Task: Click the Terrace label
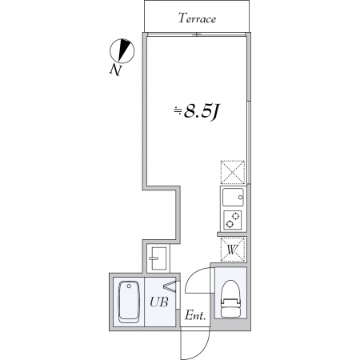(x=197, y=18)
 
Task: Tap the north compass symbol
(x=122, y=50)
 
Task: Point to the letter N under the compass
(x=116, y=70)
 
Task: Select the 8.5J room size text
(x=202, y=112)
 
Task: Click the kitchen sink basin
(x=233, y=198)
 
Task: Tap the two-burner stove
(x=233, y=220)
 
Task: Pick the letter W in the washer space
(x=233, y=250)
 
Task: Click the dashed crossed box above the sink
(x=233, y=172)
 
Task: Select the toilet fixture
(x=231, y=299)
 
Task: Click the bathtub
(x=130, y=302)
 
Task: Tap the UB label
(x=159, y=302)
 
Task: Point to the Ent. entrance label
(x=195, y=316)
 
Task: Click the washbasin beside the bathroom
(x=158, y=258)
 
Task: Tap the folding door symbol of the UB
(x=170, y=286)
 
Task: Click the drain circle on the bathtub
(x=129, y=286)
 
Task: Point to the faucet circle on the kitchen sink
(x=241, y=198)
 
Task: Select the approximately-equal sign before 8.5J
(x=178, y=111)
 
